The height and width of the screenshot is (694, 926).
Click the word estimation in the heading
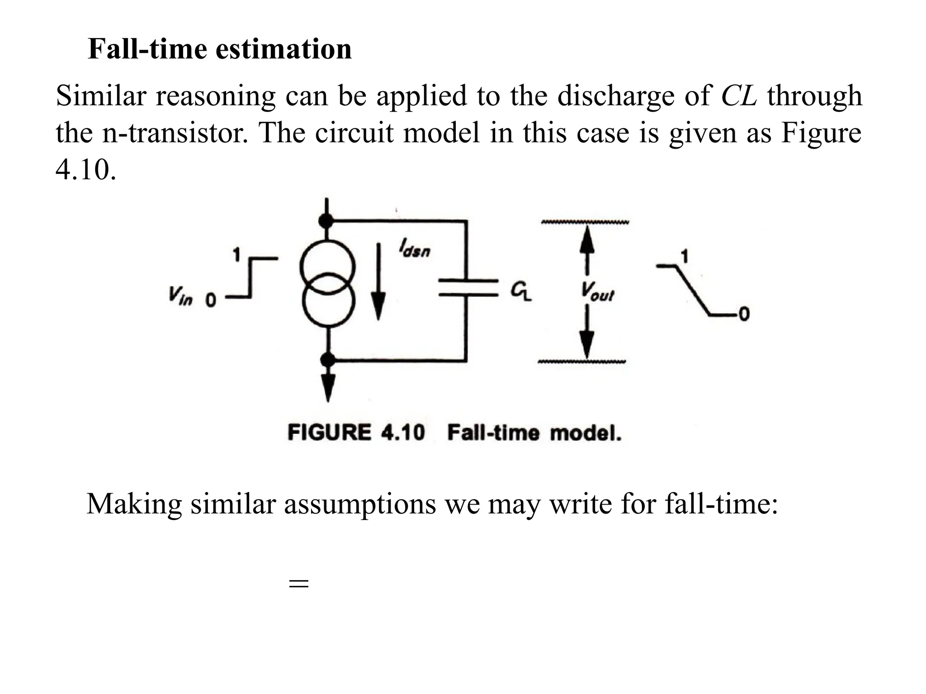point(283,49)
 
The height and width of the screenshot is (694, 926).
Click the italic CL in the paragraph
point(738,96)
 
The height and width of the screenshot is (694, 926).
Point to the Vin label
point(180,298)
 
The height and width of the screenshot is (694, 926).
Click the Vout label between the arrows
point(597,291)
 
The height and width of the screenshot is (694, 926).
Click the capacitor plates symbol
point(467,288)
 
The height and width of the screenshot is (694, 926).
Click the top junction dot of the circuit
point(326,221)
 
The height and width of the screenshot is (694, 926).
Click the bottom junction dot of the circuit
point(327,360)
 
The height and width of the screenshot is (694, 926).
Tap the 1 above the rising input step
point(236,255)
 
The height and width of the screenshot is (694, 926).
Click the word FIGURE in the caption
point(329,432)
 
